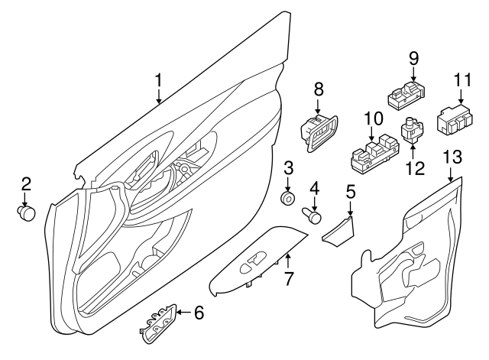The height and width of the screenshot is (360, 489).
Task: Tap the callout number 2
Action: pyautogui.click(x=25, y=183)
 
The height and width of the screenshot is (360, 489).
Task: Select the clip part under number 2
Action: pyautogui.click(x=28, y=213)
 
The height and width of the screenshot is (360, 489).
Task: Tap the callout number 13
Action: pyautogui.click(x=452, y=157)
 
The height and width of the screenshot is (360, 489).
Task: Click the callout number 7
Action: pyautogui.click(x=289, y=279)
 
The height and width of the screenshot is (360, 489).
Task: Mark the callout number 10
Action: pyautogui.click(x=372, y=117)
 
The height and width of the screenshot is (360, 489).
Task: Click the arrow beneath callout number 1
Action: pyautogui.click(x=158, y=97)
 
